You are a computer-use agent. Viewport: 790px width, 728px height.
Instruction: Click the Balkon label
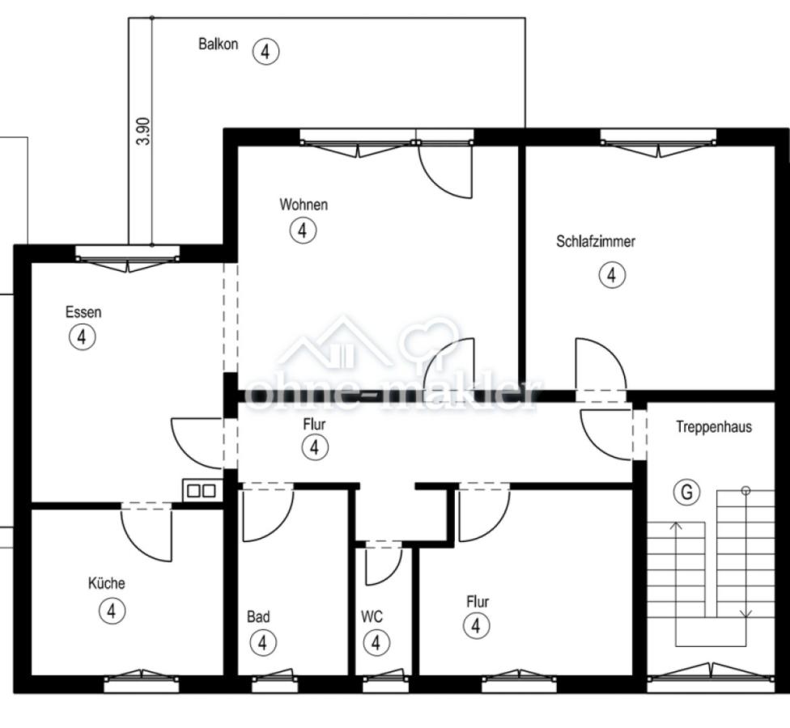[x=218, y=44]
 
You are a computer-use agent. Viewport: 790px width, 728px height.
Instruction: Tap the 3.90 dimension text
[x=143, y=131]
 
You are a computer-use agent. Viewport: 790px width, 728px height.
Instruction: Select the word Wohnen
[x=304, y=205]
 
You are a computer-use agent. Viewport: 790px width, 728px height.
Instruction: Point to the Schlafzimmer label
[x=596, y=241]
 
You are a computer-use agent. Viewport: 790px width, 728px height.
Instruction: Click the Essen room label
[x=83, y=312]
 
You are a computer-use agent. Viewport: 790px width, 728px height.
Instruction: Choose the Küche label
[x=106, y=583]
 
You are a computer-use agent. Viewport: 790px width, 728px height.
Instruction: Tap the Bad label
[x=258, y=616]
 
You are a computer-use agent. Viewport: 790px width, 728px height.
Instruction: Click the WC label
[x=372, y=616]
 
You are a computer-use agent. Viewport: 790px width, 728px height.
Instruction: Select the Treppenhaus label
[x=713, y=427]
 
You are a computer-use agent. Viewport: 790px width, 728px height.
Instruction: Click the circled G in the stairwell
[x=686, y=491]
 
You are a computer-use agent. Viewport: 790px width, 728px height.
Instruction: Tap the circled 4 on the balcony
[x=265, y=51]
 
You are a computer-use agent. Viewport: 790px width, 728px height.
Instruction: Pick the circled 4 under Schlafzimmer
[x=612, y=275]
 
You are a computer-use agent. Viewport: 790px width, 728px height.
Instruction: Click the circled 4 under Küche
[x=112, y=611]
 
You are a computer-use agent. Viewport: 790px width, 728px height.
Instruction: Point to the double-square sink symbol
[x=202, y=490]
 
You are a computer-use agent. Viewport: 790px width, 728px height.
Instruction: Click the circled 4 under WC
[x=376, y=642]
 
